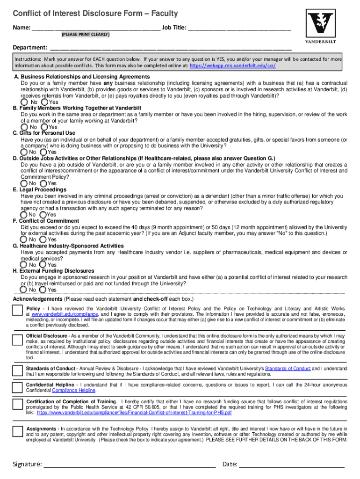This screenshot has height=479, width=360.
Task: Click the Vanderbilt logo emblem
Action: pos(321,24)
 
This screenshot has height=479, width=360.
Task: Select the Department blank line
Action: pos(171,48)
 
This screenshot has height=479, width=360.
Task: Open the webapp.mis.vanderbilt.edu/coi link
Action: pos(232,66)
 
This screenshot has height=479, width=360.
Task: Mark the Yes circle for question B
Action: pos(44,127)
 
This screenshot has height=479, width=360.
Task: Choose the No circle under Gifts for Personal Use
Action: pos(24,152)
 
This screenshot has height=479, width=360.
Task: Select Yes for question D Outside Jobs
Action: pos(44,183)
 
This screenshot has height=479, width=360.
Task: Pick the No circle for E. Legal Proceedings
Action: pos(24,215)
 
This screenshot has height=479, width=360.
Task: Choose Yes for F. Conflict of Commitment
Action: pos(44,239)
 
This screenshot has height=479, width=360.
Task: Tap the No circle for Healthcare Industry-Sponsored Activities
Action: pos(24,265)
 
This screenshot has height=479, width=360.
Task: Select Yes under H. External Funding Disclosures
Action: pos(44,290)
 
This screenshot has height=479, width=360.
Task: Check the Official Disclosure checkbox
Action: pos(18,340)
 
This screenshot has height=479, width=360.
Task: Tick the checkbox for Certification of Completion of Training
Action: pos(18,405)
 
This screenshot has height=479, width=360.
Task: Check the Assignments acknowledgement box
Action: pos(18,432)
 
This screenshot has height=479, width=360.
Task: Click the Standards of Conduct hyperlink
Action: pos(288,369)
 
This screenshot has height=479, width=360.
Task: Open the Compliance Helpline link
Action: pos(73,390)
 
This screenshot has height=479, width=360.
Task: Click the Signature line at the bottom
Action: pos(129,464)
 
